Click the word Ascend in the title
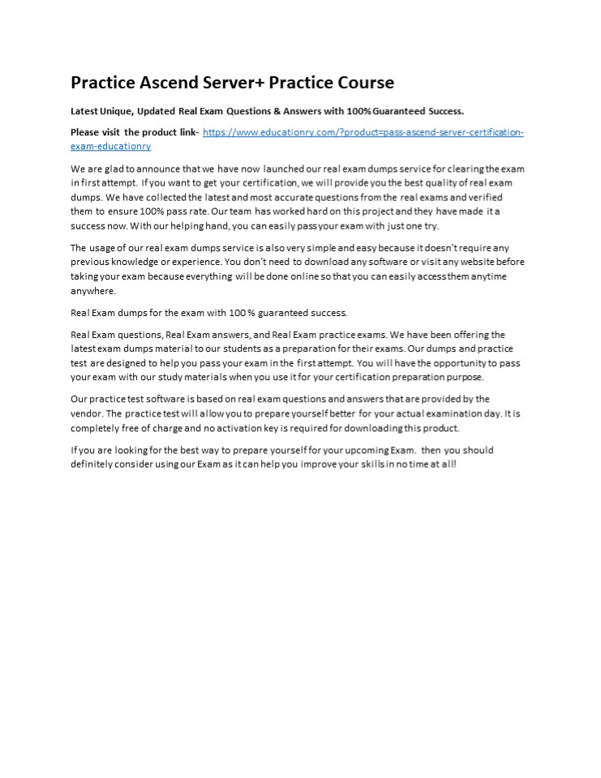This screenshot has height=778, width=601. pos(170,83)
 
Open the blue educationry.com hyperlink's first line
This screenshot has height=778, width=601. pos(363,132)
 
